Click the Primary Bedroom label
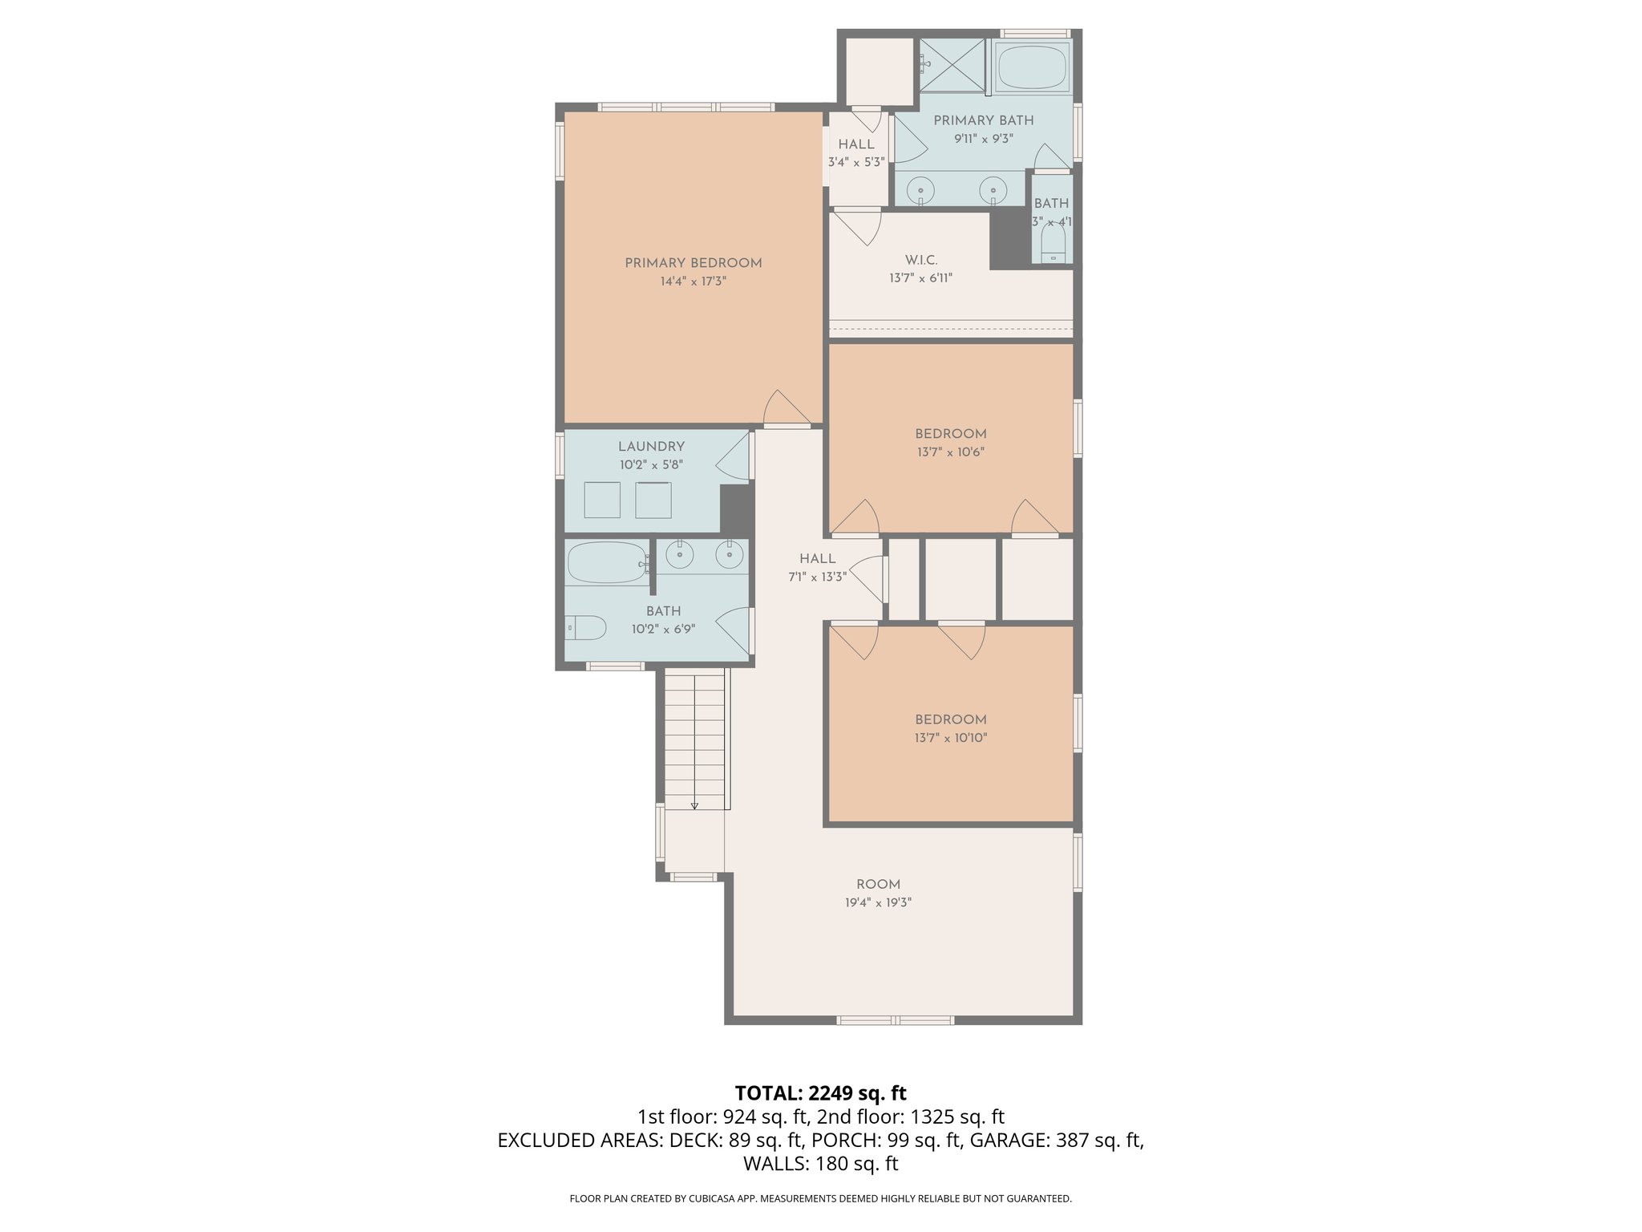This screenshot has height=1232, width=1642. click(693, 263)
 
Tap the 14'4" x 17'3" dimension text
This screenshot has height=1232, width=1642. click(693, 282)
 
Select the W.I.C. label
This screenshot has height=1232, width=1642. click(920, 260)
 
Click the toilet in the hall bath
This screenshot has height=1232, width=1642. click(585, 627)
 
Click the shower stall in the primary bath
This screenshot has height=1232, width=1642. click(952, 64)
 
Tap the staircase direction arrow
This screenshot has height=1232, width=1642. click(694, 804)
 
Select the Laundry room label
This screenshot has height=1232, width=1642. click(651, 447)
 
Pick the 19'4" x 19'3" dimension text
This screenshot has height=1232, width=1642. click(878, 902)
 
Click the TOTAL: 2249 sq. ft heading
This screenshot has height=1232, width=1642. click(820, 1093)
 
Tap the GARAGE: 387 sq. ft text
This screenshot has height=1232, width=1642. click(1057, 1141)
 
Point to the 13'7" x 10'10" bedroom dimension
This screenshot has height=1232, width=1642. click(950, 738)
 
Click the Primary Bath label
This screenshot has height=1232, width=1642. click(983, 120)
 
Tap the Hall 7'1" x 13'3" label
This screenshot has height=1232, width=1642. click(817, 567)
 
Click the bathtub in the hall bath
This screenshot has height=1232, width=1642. click(607, 563)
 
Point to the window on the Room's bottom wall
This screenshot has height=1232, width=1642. click(896, 1020)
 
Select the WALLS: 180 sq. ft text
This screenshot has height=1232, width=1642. click(820, 1164)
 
